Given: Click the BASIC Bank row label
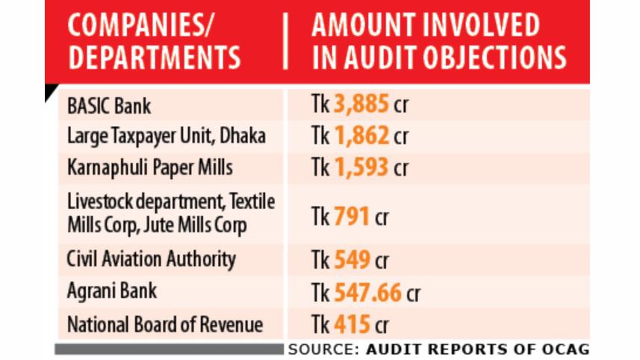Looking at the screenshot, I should coord(109,106).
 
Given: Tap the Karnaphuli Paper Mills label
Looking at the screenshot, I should coord(150,167).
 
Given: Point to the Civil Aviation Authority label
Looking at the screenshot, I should coord(151,260).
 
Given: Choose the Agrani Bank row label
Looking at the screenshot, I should coord(112,291).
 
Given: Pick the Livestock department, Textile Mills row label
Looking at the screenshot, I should coord(171,213).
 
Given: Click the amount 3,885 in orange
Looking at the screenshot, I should coord(361,105).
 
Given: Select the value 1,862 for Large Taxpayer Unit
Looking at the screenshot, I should coord(361,137).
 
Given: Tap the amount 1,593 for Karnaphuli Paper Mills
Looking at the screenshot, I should coord(361,167).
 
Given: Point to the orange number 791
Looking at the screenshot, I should coord(352,217).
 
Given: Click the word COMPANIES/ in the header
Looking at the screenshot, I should coord(140,25).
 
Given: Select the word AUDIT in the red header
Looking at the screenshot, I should coord(391,58).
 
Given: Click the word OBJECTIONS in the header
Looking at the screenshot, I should coord(502,58).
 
